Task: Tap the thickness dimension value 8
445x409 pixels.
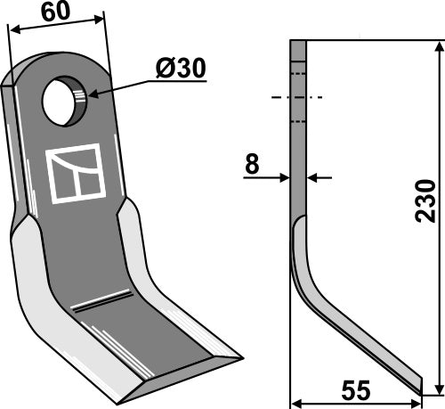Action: click(253, 163)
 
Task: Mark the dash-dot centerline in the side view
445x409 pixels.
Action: click(298, 96)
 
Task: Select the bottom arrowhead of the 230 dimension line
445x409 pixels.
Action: click(436, 388)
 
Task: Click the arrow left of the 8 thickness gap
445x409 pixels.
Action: click(285, 178)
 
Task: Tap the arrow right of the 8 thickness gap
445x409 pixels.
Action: click(312, 178)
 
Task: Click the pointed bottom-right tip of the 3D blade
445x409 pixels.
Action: click(240, 359)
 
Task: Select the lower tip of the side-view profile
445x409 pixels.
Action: click(418, 385)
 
